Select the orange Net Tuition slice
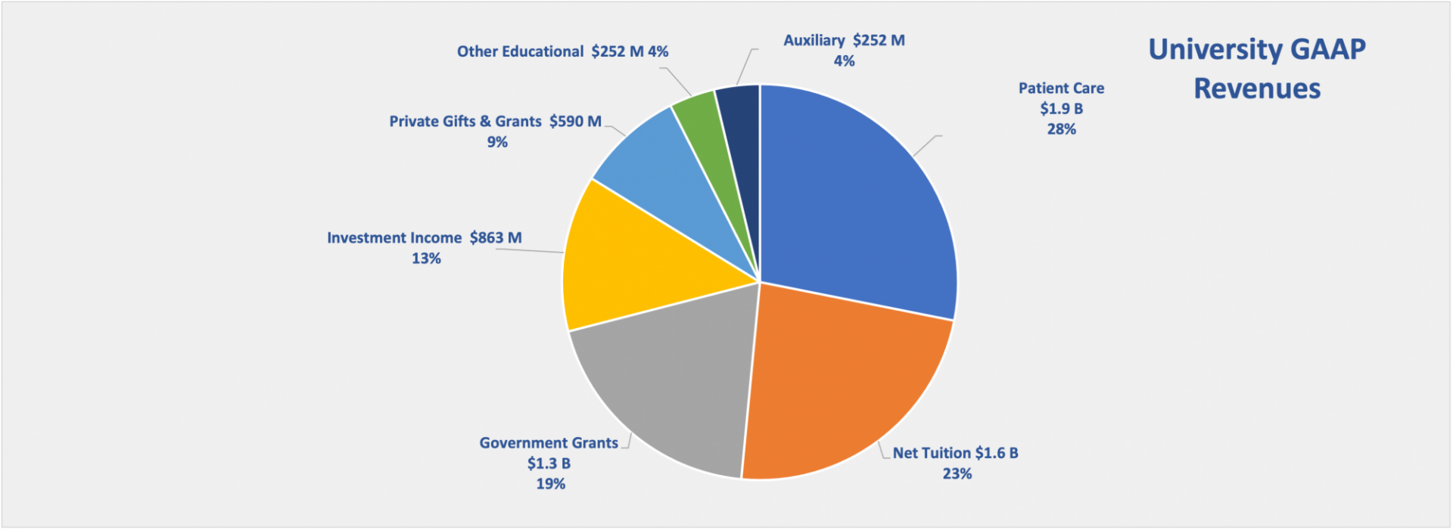[840, 378]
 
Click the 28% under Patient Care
[1061, 129]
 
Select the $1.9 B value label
[1061, 109]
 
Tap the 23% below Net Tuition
[957, 474]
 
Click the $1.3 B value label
[549, 463]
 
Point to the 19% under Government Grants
[550, 484]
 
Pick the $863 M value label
[496, 238]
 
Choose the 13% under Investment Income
[426, 259]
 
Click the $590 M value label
[575, 122]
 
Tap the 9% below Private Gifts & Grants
[497, 142]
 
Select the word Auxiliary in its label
[814, 41]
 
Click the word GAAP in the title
[1327, 50]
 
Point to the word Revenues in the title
[1257, 89]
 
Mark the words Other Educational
[520, 52]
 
